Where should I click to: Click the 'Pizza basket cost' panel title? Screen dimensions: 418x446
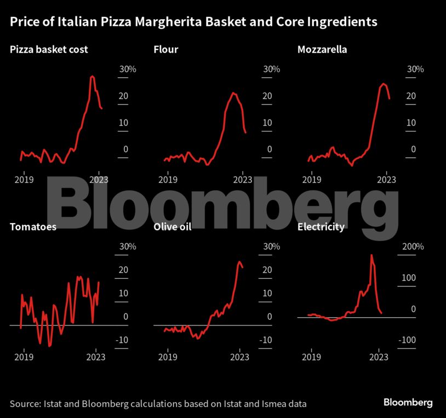[49, 50]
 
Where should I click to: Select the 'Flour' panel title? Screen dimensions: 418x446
[166, 50]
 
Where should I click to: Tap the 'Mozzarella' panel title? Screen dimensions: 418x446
[322, 50]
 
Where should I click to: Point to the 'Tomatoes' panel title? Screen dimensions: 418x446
[33, 226]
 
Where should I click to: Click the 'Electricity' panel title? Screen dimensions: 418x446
[321, 226]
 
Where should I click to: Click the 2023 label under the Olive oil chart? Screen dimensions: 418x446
[240, 357]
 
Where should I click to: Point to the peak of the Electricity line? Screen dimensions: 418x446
[372, 255]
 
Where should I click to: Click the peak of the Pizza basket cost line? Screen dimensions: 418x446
[92, 76]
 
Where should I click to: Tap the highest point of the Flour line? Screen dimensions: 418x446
[233, 93]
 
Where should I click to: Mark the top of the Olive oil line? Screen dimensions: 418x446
[239, 262]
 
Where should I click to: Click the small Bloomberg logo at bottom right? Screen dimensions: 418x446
[408, 403]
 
